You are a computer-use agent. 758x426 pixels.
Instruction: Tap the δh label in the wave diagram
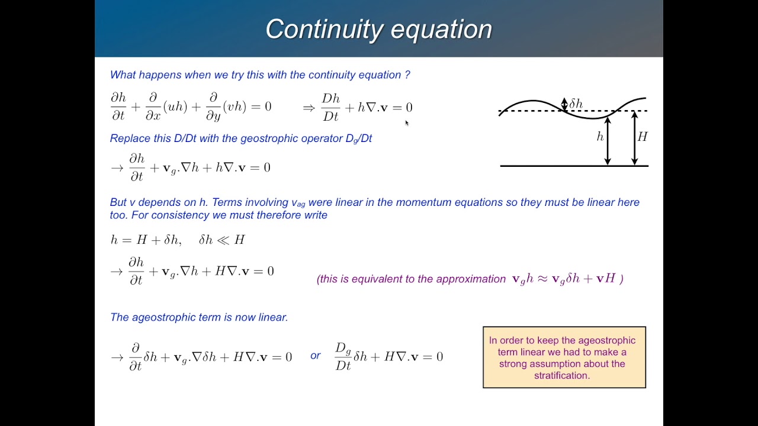coord(576,104)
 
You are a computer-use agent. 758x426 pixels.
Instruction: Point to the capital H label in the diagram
coord(643,137)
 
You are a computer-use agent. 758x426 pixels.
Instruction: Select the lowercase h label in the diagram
coord(600,137)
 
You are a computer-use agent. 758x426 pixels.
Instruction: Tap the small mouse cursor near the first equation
coord(407,123)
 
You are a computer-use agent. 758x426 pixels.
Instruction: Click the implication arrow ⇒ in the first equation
coord(309,108)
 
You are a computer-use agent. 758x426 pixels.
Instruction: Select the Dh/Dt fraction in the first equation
coord(330,108)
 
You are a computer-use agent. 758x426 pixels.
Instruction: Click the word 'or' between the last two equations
coord(315,356)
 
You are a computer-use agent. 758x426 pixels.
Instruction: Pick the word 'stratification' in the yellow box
coord(561,375)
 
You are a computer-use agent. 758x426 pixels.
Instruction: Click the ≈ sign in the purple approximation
coord(542,279)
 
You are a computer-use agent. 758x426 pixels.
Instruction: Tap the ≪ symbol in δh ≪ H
coord(223,240)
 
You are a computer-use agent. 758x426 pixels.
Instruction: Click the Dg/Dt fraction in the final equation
coord(343,356)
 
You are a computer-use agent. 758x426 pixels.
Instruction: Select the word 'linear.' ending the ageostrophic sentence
coord(273,317)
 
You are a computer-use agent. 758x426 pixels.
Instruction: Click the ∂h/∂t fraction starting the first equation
coord(118,107)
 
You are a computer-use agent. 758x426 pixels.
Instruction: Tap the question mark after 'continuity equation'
coord(407,75)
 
